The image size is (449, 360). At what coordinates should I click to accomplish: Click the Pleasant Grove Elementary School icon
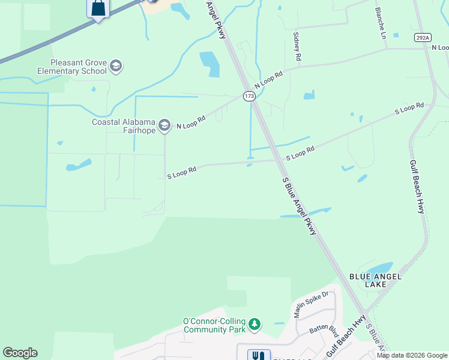coord(116,66)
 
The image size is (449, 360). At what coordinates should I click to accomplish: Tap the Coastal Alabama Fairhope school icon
coord(165,125)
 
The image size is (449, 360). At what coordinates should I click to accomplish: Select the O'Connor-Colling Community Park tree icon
coord(255,325)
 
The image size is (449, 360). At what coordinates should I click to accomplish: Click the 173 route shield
coord(249,96)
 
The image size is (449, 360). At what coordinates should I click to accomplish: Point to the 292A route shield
coord(423,37)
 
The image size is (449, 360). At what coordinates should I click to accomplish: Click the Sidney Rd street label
coord(297,47)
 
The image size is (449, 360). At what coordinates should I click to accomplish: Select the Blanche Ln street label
coord(380,23)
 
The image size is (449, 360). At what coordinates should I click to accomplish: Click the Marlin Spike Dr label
coord(311,305)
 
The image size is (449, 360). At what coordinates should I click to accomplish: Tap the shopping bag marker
coord(98,8)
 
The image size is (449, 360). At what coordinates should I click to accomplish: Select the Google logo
coord(20,353)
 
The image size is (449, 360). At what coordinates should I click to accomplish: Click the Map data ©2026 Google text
coord(411,355)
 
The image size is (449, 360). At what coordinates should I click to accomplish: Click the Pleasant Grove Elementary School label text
coord(79,66)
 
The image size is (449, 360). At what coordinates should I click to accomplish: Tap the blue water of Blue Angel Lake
coord(379,269)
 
